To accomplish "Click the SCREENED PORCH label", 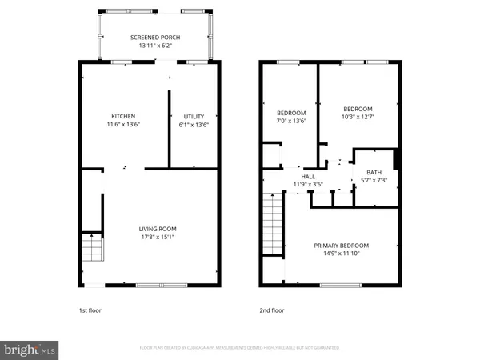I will (x=155, y=38).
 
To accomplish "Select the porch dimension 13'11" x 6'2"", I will (x=155, y=46).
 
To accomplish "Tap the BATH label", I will (x=374, y=173).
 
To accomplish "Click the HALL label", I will (x=307, y=176).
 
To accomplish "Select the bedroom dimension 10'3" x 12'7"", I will (x=358, y=118).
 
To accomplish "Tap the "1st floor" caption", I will (x=90, y=310).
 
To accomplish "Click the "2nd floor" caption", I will (x=271, y=310).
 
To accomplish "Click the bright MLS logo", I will (x=30, y=349).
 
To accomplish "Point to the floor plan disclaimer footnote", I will (x=239, y=348).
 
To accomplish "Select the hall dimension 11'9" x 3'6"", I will (x=307, y=185).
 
